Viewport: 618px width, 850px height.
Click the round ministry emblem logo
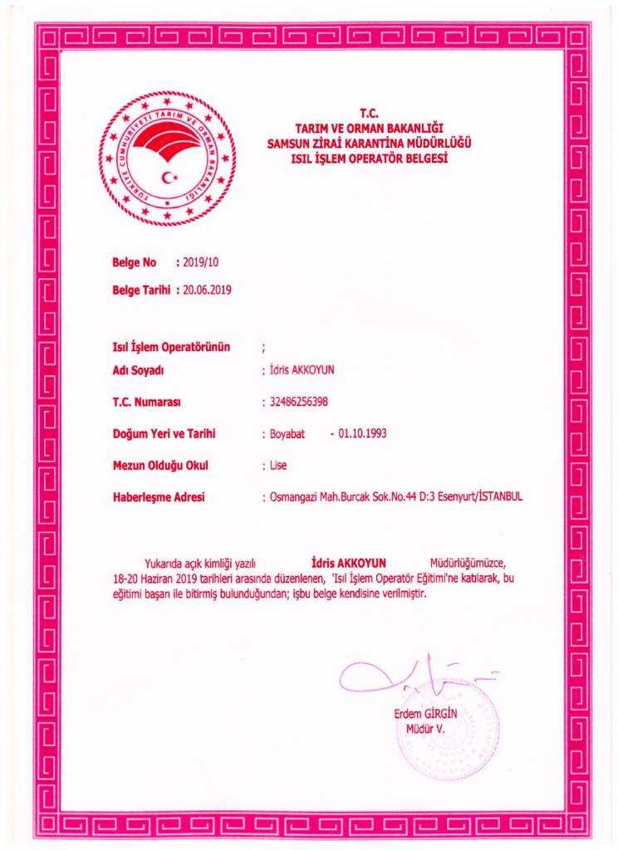point(166,159)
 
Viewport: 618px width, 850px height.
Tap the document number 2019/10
point(203,263)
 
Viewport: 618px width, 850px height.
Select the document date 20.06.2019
point(208,291)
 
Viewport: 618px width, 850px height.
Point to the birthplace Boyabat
point(289,433)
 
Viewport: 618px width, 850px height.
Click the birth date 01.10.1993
point(364,433)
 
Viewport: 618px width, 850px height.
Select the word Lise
point(278,465)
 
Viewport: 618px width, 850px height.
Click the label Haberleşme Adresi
point(158,496)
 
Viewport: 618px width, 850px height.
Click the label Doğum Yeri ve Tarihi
point(164,433)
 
